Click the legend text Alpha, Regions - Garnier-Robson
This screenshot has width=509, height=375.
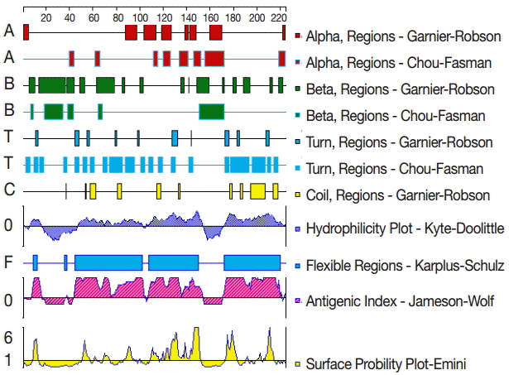(x=403, y=36)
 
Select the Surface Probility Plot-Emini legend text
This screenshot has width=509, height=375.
(x=383, y=363)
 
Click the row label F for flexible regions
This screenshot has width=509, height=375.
(x=9, y=264)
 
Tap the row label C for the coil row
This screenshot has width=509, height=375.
(x=9, y=190)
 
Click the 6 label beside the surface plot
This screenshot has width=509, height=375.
(x=7, y=338)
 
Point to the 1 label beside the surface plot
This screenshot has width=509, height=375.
(x=7, y=361)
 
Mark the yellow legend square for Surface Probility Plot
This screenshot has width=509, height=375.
(x=298, y=363)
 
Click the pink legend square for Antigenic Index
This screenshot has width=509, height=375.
(x=298, y=300)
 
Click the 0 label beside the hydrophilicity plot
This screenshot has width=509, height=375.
(x=8, y=225)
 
